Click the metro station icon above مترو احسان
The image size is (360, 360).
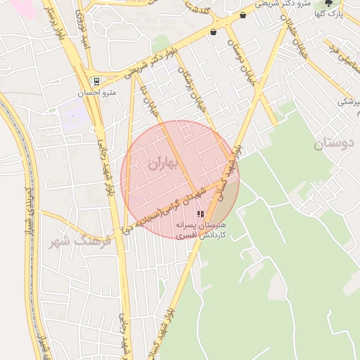click(x=96, y=81)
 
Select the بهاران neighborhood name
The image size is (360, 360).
click(x=165, y=163)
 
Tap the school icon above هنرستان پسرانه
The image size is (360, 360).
click(x=200, y=214)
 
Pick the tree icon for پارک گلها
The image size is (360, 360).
click(x=328, y=3)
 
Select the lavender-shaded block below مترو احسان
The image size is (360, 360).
click(x=72, y=112)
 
